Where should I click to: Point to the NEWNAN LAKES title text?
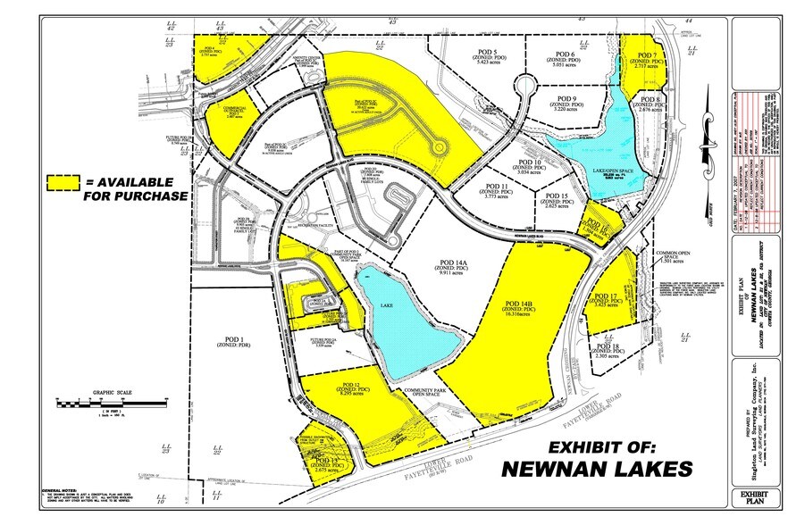pyautogui.click(x=596, y=468)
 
